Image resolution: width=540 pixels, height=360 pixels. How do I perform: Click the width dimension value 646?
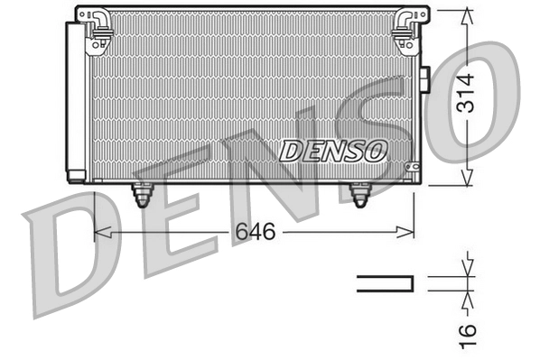point(255,233)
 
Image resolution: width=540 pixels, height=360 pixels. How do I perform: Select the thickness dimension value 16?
point(466,332)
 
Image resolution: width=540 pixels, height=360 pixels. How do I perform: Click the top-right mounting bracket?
point(404,27)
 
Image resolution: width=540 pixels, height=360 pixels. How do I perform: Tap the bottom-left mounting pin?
point(142,195)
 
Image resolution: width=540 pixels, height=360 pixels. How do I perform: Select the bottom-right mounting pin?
point(360,195)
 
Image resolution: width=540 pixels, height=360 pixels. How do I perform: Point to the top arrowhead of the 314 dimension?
point(467,15)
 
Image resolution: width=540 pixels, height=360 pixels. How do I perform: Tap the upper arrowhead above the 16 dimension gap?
point(467,269)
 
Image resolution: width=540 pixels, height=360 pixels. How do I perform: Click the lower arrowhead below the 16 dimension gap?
point(467,298)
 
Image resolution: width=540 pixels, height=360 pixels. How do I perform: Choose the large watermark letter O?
point(483,99)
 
